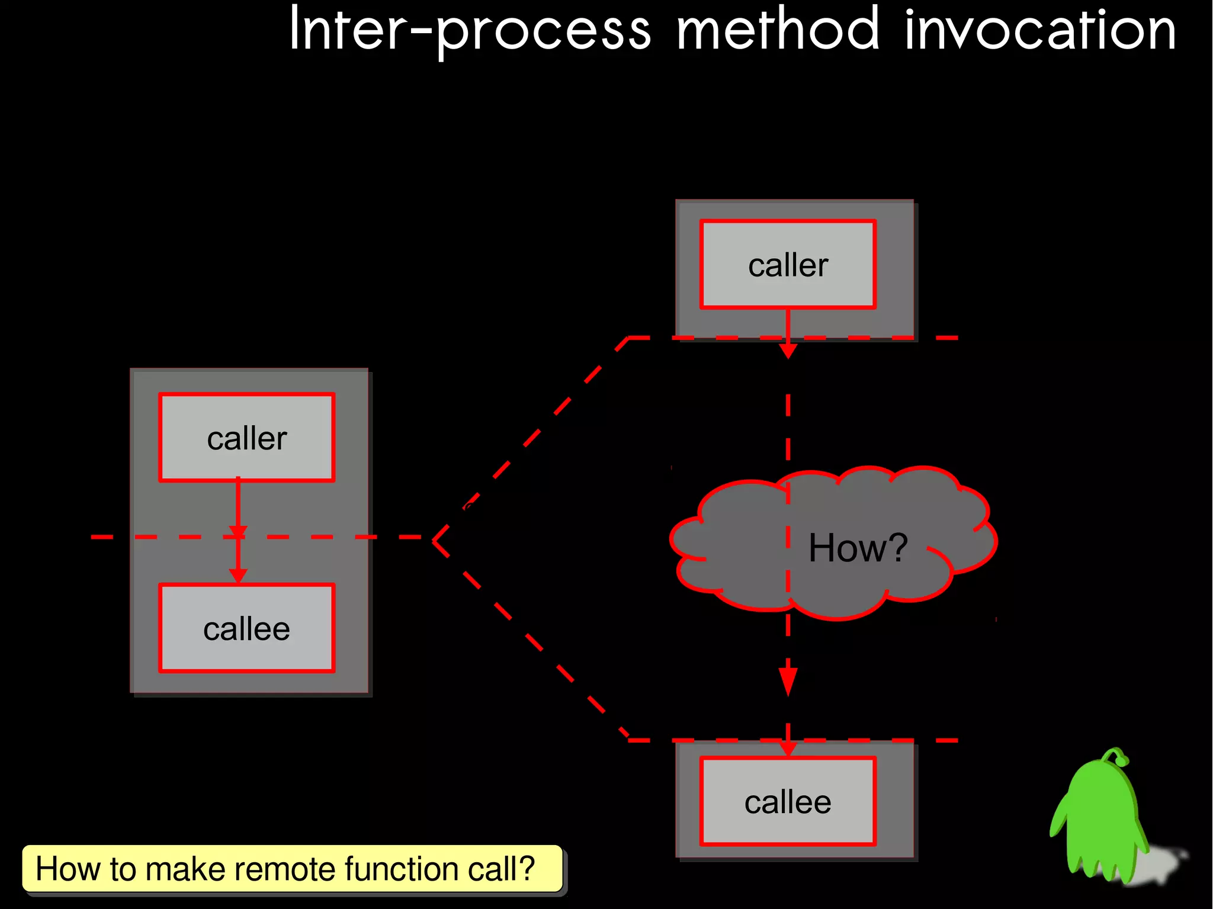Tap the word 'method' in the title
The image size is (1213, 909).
click(778, 30)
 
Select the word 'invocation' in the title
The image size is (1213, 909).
click(1039, 30)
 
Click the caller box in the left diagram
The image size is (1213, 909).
click(246, 438)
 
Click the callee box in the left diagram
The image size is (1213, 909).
click(246, 628)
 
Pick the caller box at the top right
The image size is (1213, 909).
click(787, 265)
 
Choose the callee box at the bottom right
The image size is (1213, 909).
click(787, 802)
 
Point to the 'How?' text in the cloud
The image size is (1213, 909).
click(857, 548)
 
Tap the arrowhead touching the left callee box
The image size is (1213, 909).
click(238, 576)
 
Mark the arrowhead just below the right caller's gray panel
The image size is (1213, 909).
click(788, 351)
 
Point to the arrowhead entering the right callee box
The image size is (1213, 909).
click(788, 749)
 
